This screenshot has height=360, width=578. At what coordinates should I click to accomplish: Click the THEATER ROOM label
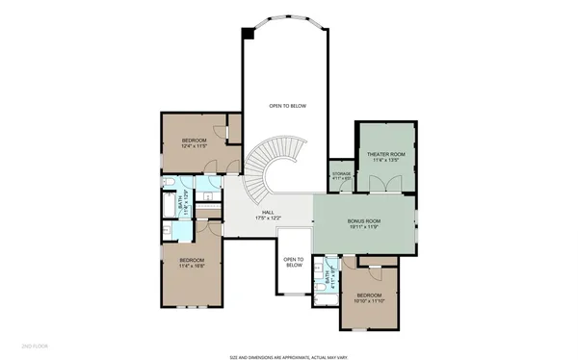[x=383, y=154]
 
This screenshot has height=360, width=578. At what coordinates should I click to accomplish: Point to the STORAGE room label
[x=341, y=174]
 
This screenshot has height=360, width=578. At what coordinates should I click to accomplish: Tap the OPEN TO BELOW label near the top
[x=287, y=106]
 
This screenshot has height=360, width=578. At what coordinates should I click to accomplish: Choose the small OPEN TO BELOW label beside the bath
[x=294, y=263]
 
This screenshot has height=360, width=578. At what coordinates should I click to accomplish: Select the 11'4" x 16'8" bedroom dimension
[x=191, y=266]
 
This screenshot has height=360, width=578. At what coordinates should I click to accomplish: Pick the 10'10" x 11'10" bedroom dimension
[x=369, y=301]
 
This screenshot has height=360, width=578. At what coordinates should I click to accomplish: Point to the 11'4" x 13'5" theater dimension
[x=383, y=161]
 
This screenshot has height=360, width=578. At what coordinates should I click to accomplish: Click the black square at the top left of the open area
[x=248, y=34]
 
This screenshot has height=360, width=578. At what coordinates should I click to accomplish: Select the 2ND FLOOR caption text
[x=36, y=344]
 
